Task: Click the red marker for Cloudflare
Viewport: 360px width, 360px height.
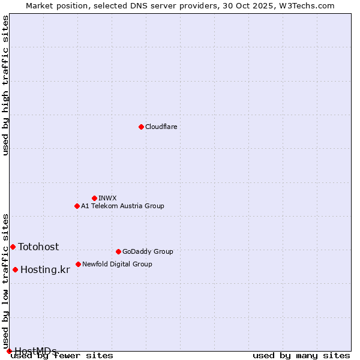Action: (x=141, y=127)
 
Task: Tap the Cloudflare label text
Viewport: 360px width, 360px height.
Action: (x=161, y=127)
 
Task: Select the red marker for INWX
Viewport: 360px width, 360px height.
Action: (x=94, y=198)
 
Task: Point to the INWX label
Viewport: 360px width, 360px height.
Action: (x=107, y=199)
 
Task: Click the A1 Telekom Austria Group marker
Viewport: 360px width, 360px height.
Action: (x=77, y=206)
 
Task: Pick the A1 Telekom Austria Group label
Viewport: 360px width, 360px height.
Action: (x=122, y=206)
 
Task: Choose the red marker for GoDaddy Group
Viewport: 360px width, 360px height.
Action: (x=118, y=251)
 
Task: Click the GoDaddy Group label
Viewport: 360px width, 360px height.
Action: (x=147, y=252)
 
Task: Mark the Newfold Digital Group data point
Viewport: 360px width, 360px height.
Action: (x=78, y=264)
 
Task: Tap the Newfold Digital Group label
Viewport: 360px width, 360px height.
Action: (x=117, y=265)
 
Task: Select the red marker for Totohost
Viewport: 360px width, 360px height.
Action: (x=13, y=247)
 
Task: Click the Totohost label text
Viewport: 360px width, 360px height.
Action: (x=38, y=247)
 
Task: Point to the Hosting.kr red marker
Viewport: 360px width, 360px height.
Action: (x=15, y=269)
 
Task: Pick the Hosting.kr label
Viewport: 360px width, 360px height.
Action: (x=45, y=270)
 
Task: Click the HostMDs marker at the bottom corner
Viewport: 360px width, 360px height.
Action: (x=9, y=351)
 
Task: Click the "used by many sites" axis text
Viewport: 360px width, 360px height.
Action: (x=301, y=356)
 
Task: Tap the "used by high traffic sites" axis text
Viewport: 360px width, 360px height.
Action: (x=6, y=85)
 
